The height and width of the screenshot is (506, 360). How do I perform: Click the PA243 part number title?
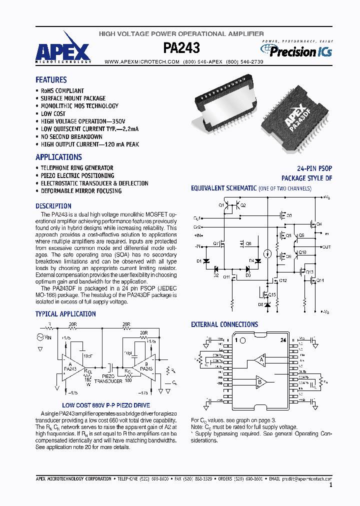coord(181,48)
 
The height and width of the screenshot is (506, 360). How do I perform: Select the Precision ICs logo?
coord(296,50)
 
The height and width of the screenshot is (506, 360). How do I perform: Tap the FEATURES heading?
coord(51,79)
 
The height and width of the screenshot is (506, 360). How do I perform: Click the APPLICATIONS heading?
coord(58,157)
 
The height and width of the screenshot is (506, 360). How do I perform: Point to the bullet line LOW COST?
coord(53,113)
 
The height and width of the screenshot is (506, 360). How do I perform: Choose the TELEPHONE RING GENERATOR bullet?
coord(77,168)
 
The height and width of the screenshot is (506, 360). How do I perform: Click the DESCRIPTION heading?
coord(53,206)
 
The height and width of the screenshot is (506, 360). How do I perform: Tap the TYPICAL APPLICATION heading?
coord(65,314)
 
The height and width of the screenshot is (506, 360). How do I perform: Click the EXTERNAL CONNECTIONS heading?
coord(224,324)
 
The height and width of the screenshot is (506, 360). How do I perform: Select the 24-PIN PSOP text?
coord(314,168)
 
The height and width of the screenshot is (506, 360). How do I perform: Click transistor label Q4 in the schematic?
coord(319,223)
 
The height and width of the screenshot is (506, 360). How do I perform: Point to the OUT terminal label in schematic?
coord(326,247)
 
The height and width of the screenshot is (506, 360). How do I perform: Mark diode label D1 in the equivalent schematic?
coord(199,261)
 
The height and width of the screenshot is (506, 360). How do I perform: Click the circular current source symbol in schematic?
coord(267,253)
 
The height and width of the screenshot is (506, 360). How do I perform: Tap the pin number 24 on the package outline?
coord(283,340)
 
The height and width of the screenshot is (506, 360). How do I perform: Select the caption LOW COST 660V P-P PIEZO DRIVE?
coord(106,405)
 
